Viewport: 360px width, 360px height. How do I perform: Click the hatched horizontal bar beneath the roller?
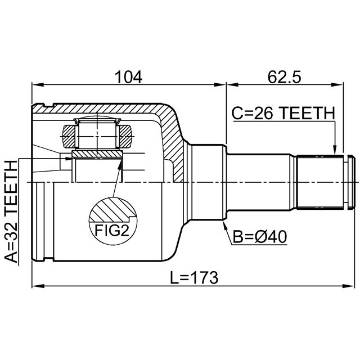(x=97, y=154)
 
